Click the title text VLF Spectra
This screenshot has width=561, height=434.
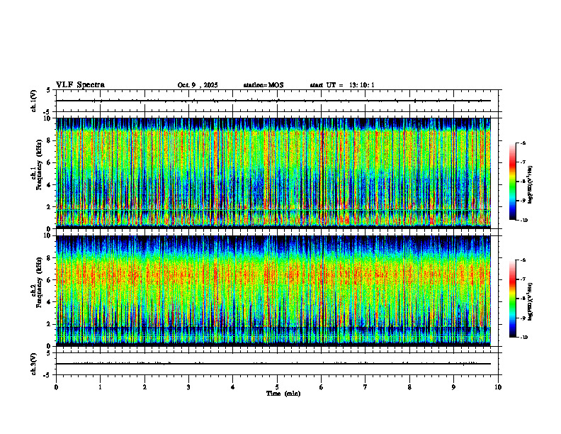pyautogui.click(x=80, y=85)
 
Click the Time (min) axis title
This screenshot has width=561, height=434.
pyautogui.click(x=283, y=394)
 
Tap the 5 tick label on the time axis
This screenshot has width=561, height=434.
pyautogui.click(x=277, y=387)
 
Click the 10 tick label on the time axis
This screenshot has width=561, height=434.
pyautogui.click(x=498, y=387)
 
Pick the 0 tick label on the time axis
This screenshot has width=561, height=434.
pyautogui.click(x=56, y=387)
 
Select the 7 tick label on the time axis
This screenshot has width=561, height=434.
pyautogui.click(x=365, y=387)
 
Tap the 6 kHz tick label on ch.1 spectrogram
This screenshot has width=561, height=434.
pyautogui.click(x=50, y=162)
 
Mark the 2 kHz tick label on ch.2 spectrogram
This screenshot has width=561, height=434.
pyautogui.click(x=50, y=323)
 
